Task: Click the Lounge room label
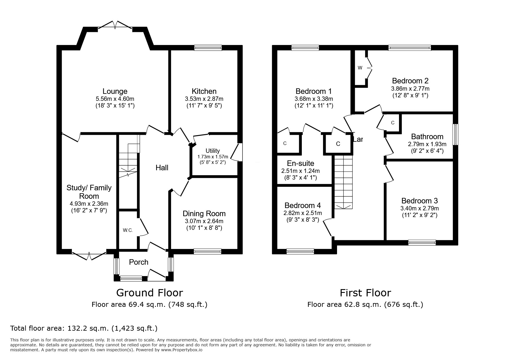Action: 115,92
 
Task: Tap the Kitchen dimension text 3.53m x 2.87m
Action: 204,99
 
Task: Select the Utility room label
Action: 213,151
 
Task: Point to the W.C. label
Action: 128,230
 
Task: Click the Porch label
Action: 139,262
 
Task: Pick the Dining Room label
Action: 204,214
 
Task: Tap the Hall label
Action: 162,168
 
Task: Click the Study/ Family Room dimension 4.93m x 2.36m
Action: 89,204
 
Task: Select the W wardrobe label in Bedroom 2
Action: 360,68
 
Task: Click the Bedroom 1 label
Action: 314,91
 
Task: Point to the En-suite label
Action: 301,163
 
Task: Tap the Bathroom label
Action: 427,137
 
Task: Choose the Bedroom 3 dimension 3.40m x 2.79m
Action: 420,208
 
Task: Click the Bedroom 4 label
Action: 303,205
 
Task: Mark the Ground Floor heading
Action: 149,293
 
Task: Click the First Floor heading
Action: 366,293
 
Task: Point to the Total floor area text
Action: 84,328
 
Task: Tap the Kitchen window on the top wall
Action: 208,48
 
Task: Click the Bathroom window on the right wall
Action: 456,135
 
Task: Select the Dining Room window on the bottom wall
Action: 208,252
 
